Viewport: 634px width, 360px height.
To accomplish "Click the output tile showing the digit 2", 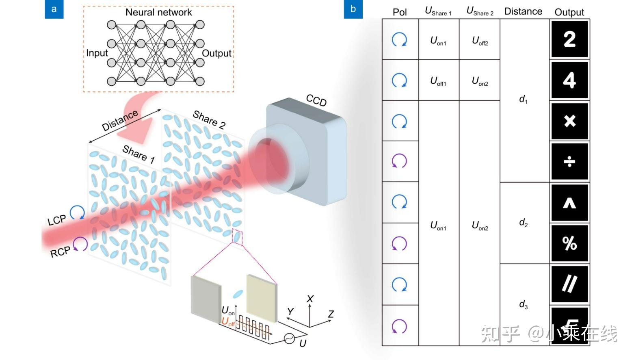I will click(569, 39).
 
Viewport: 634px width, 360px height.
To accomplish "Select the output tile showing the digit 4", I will click(569, 80).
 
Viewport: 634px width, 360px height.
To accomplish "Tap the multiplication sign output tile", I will click(569, 121).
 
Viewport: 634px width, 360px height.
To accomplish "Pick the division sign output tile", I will click(569, 162).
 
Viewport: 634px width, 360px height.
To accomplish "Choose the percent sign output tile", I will click(569, 243).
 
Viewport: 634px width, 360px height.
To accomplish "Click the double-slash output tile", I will click(569, 284).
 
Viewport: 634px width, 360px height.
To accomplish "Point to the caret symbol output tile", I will click(569, 203).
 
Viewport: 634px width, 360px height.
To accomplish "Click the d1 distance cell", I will click(524, 99).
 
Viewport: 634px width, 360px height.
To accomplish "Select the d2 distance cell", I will click(524, 223).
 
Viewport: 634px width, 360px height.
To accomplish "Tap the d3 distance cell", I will click(524, 305).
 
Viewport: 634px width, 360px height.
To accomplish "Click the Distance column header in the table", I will click(523, 11).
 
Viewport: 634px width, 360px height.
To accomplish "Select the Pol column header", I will click(400, 12).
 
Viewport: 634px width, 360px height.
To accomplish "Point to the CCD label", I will click(316, 100).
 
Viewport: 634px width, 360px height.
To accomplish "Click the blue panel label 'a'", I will click(54, 9).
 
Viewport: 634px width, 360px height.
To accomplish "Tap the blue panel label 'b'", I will click(353, 9).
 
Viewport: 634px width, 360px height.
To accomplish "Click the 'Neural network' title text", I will click(158, 12).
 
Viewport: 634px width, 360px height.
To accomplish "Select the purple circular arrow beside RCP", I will click(80, 244).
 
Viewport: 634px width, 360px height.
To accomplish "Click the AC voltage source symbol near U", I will click(289, 338).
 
